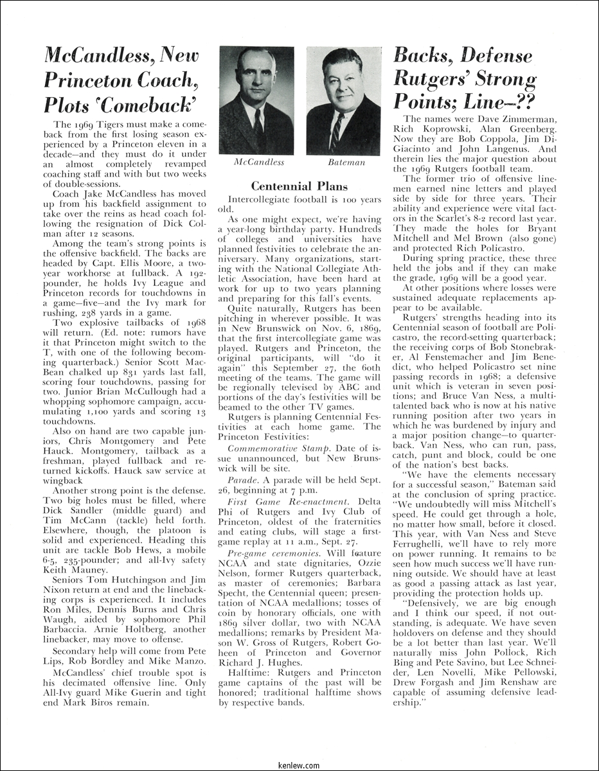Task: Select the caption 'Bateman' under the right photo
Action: click(346, 163)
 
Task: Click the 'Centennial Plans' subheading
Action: click(299, 186)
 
